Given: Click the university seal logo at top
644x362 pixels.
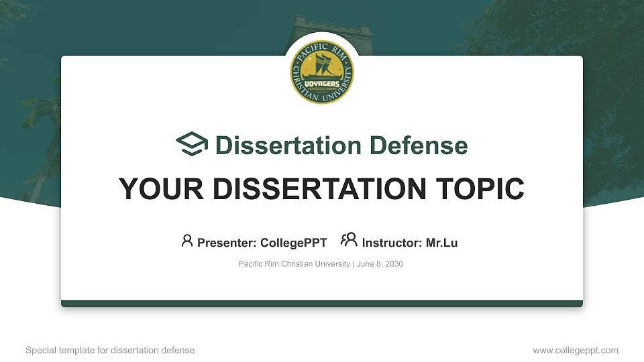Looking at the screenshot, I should click(322, 70).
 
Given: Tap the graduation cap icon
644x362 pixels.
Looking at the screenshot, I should click(192, 145).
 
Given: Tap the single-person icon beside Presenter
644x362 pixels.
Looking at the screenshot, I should click(187, 241).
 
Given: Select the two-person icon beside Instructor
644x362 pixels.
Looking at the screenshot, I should click(349, 241).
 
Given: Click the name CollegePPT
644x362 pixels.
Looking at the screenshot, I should click(294, 243).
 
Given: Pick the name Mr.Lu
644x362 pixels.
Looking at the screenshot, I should click(441, 243).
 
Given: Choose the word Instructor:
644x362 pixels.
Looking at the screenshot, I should click(392, 243).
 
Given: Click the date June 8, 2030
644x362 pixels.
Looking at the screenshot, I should click(380, 264).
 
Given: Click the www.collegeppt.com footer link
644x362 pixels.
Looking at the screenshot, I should click(575, 350).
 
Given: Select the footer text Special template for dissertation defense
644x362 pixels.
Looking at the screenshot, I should click(110, 350).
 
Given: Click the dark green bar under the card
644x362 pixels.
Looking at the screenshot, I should click(322, 304).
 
